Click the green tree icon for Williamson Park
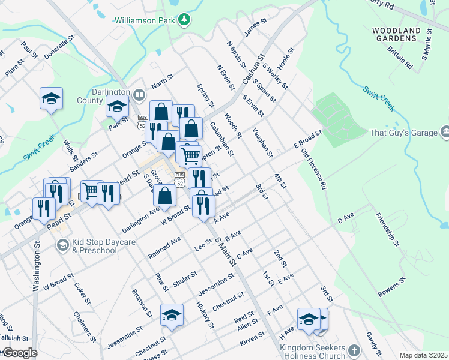(185, 20)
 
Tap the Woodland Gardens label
(394, 34)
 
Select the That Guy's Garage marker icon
(445, 131)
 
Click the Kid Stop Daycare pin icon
(62, 244)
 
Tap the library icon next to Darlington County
(139, 95)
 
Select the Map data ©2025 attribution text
(423, 355)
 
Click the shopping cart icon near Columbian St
(190, 155)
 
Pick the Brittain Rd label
(400, 56)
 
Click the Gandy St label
(373, 342)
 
